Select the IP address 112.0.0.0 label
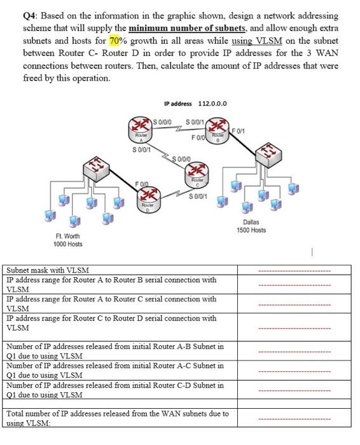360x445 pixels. (196, 105)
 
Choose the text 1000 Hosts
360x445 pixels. (69, 244)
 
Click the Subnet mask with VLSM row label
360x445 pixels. (48, 270)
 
